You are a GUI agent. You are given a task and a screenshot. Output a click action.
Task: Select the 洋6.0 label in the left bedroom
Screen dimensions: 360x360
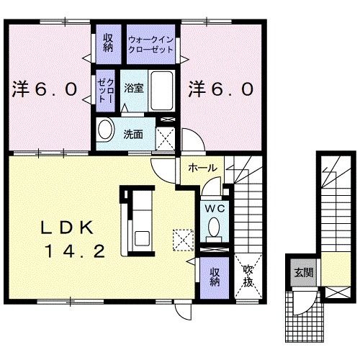pyautogui.click(x=44, y=89)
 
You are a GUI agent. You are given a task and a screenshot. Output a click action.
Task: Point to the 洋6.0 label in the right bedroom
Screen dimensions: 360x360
pyautogui.click(x=221, y=89)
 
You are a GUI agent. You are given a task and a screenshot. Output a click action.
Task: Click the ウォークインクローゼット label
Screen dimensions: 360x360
pyautogui.click(x=152, y=44)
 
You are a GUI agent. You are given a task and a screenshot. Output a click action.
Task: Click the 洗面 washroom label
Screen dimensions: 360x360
pyautogui.click(x=132, y=134)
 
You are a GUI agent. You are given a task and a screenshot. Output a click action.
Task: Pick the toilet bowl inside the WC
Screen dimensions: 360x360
pyautogui.click(x=213, y=228)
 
